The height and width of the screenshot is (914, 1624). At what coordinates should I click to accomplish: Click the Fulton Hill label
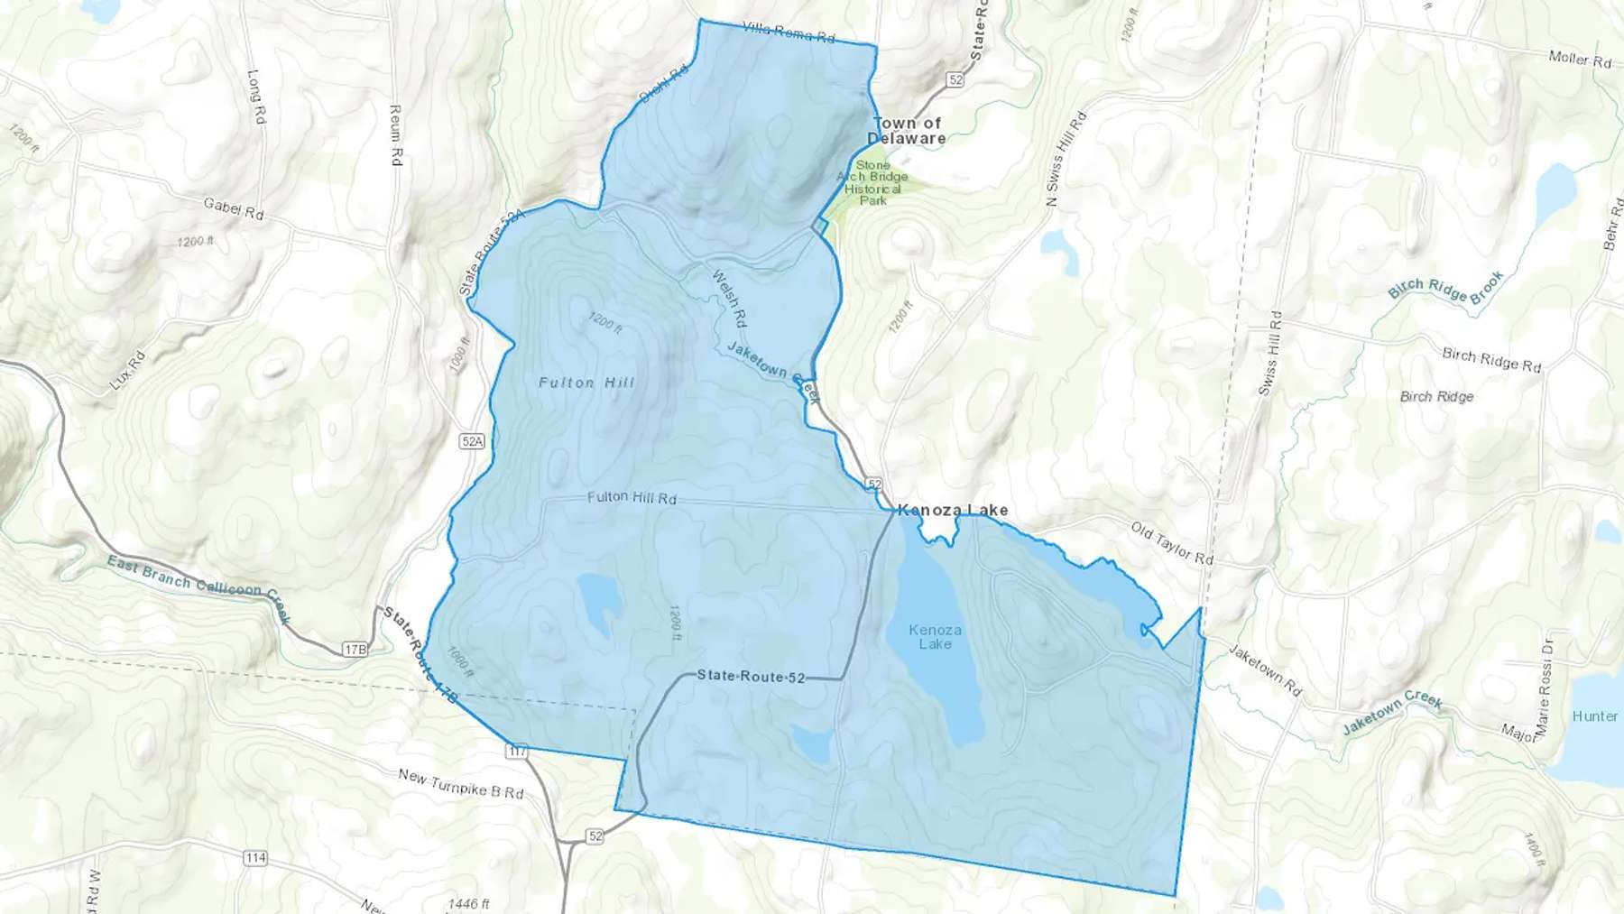click(x=586, y=383)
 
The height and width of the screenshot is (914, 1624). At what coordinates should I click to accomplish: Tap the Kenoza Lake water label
click(x=936, y=637)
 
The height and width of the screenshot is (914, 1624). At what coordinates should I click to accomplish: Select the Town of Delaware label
click(x=907, y=131)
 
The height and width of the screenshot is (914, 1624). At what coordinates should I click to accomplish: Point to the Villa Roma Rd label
click(x=789, y=32)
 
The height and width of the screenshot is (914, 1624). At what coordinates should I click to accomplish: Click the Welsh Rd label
click(x=730, y=299)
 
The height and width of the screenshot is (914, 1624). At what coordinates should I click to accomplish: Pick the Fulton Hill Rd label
click(x=632, y=497)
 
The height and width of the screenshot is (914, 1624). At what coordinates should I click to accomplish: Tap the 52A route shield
click(x=472, y=441)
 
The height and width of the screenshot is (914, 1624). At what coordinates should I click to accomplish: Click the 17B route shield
click(x=355, y=649)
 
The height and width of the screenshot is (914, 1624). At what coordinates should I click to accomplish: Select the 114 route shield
click(x=255, y=857)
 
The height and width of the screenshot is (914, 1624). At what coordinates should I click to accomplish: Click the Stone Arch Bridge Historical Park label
click(x=872, y=183)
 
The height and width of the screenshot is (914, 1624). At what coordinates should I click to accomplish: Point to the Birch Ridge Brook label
click(x=1446, y=288)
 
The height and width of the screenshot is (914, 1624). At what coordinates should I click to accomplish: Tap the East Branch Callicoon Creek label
click(x=199, y=586)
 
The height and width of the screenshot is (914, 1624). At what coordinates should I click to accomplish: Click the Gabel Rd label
click(x=234, y=208)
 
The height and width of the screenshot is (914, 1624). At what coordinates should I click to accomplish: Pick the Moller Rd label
click(x=1580, y=60)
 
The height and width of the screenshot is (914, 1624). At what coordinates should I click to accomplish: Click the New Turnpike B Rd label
click(x=461, y=783)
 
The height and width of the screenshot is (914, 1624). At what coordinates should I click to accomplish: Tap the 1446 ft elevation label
click(x=468, y=903)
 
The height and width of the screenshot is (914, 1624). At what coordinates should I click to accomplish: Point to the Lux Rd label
click(x=127, y=371)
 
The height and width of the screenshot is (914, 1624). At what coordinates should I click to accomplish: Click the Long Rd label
click(x=256, y=97)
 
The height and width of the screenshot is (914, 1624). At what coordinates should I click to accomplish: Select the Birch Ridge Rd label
click(x=1491, y=359)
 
